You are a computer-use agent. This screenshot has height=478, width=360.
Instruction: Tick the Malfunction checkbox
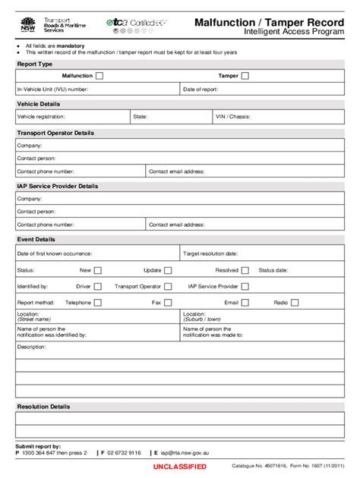click(99, 76)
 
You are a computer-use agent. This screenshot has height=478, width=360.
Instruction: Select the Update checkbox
click(169, 269)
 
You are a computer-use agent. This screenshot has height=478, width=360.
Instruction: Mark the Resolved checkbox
click(245, 269)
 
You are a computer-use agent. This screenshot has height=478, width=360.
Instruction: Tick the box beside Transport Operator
click(169, 287)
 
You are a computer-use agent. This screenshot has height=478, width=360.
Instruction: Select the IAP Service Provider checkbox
click(245, 287)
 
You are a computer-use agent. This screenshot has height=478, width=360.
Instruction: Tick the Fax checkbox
click(169, 303)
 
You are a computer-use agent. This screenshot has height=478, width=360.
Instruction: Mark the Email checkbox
click(245, 303)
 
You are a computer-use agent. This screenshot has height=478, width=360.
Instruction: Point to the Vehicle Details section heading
click(38, 104)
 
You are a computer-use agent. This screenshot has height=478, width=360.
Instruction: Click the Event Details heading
click(36, 239)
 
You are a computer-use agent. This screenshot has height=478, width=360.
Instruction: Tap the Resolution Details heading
click(43, 407)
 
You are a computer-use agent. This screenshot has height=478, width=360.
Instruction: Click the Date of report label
click(201, 89)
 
